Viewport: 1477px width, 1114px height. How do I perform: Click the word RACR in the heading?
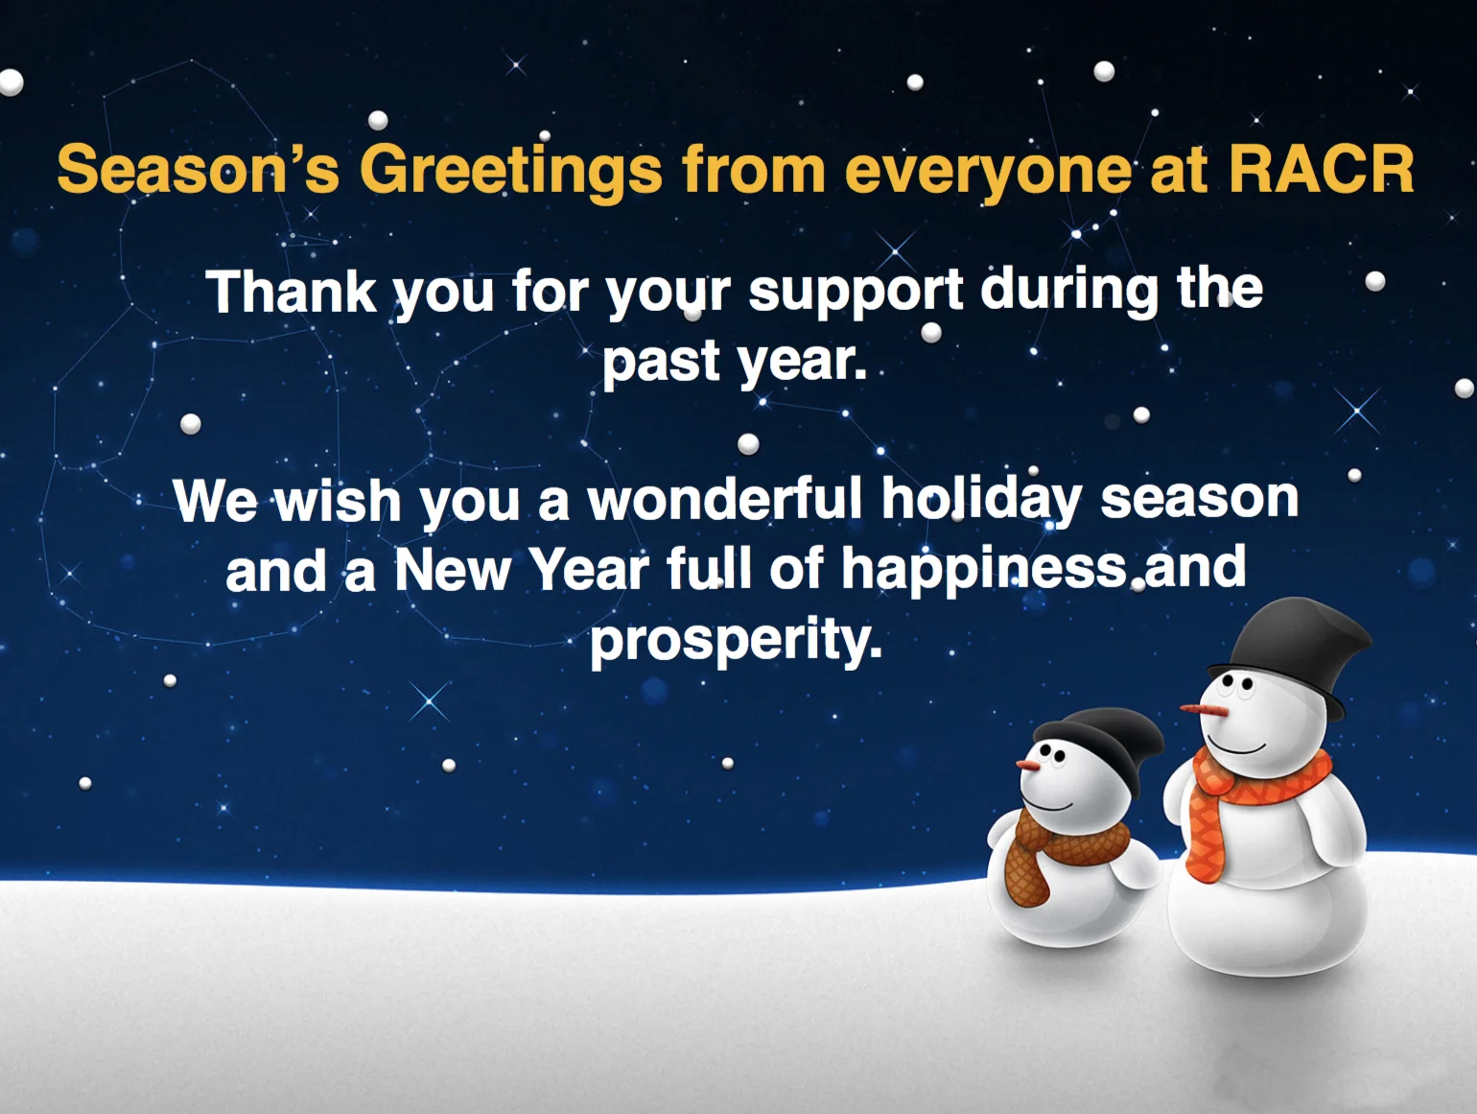pyautogui.click(x=1321, y=170)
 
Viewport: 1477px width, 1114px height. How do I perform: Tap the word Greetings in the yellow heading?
pyautogui.click(x=510, y=170)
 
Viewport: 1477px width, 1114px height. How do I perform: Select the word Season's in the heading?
pyautogui.click(x=198, y=170)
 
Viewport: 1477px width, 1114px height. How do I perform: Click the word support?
pyautogui.click(x=855, y=291)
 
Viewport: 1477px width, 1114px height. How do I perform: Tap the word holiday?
pyautogui.click(x=981, y=500)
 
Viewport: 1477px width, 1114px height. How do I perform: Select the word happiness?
pyautogui.click(x=984, y=569)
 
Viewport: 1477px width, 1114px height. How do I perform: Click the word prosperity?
pyautogui.click(x=735, y=641)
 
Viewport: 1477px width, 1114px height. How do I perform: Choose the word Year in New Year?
pyautogui.click(x=589, y=569)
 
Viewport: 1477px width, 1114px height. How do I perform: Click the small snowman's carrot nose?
pyautogui.click(x=1029, y=765)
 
